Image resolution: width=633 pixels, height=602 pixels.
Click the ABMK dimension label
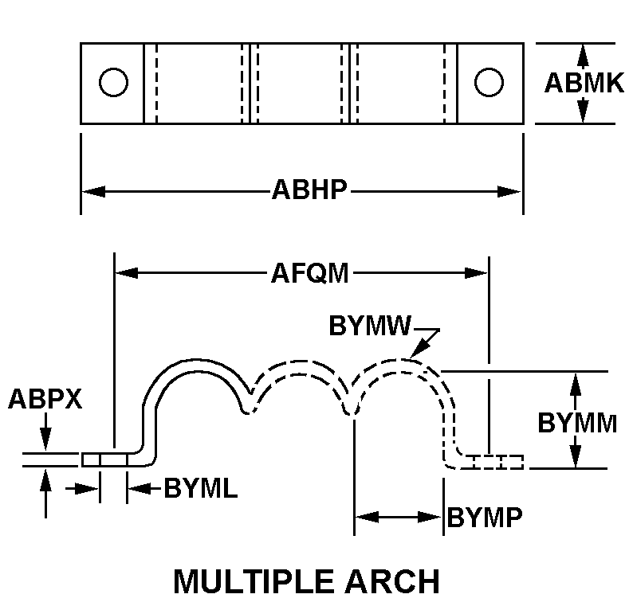584,83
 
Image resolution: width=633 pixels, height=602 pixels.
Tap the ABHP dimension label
309,191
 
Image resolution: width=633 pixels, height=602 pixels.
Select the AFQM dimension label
309,273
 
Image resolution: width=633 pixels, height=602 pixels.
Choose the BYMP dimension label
485,518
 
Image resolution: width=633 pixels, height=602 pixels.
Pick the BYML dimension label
200,488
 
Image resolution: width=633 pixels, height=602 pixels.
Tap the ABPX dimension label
45,398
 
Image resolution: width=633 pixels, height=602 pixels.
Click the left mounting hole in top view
114,82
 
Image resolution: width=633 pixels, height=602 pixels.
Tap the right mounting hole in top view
489,82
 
